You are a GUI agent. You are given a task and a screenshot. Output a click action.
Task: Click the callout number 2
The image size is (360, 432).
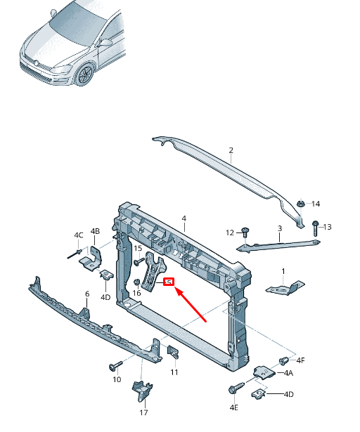pos(230,150)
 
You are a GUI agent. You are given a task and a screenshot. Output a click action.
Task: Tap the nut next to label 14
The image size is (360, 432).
pos(300,204)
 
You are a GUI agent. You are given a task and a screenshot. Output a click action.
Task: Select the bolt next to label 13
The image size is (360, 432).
pos(314,226)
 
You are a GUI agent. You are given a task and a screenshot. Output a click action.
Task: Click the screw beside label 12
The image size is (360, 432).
pos(245,232)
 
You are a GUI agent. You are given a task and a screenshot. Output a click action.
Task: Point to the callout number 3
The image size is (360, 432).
pos(279,228)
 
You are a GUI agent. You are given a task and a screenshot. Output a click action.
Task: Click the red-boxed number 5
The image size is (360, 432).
pos(169,282)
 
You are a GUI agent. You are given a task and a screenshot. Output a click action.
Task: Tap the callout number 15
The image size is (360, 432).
pos(138,249)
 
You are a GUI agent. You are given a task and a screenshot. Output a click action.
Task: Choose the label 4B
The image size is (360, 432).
pos(95,231)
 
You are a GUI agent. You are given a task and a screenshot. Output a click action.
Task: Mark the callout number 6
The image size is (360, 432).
pos(87,294)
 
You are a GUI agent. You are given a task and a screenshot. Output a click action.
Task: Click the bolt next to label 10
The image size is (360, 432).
pos(114,366)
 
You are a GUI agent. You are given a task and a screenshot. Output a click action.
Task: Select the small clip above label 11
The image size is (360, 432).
pos(172,351)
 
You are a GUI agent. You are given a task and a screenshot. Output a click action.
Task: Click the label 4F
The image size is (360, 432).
pos(300,360)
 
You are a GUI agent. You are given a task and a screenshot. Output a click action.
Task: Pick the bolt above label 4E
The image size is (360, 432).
pos(233,388)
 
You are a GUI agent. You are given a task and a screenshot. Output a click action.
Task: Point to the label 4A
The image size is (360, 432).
pos(288,374)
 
